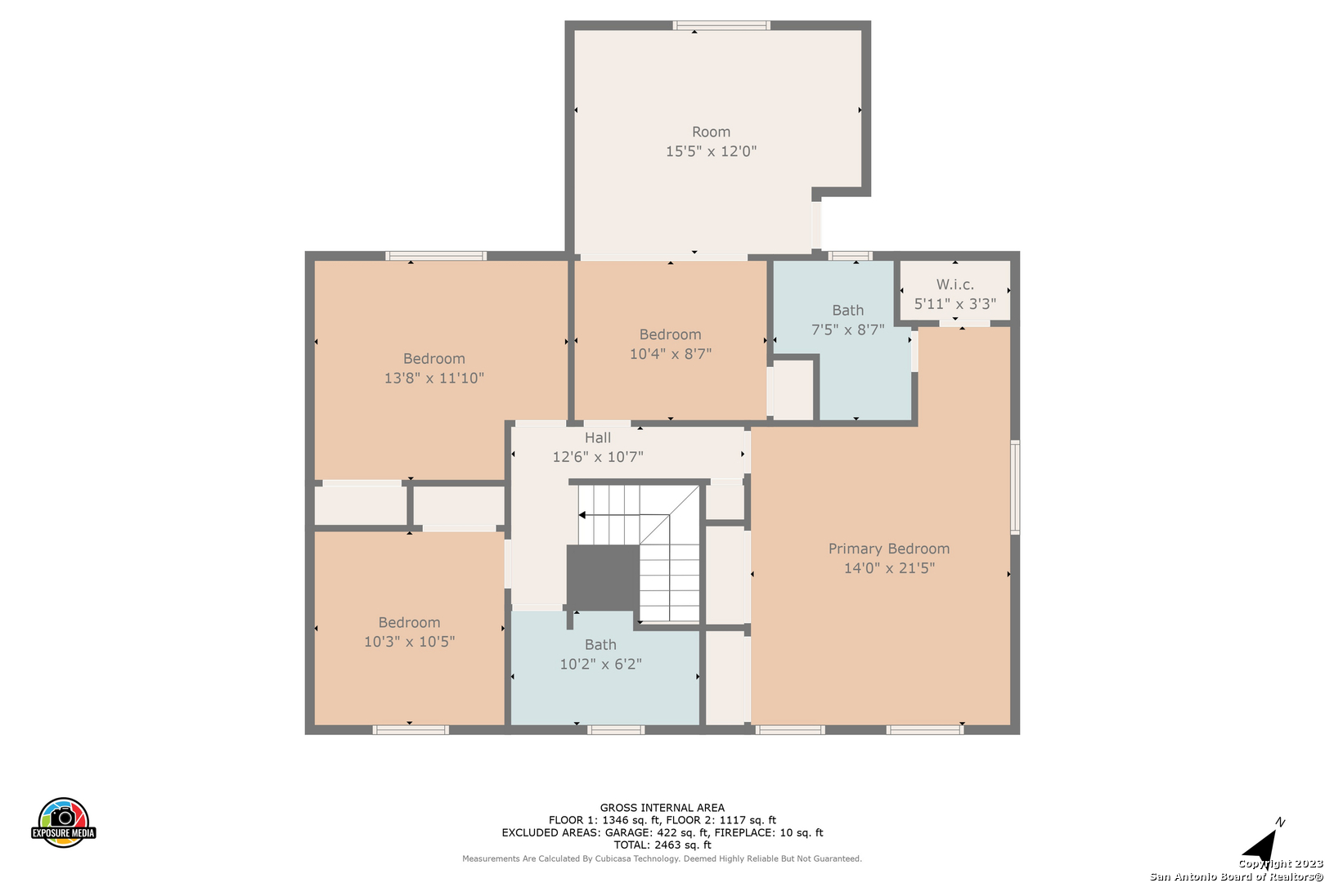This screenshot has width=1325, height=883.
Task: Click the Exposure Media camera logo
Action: point(63,822)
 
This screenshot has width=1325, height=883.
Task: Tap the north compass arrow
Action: point(1262,845)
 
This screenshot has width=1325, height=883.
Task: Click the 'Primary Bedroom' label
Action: point(888,549)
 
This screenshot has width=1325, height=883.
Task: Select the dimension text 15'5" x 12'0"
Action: point(711,150)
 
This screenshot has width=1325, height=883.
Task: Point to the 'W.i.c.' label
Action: point(954,285)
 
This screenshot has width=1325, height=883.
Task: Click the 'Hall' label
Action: point(597,437)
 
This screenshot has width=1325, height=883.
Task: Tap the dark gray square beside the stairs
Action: point(603,577)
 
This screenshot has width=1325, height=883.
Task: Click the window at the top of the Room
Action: point(721,25)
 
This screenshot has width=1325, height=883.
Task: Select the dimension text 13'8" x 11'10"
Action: point(434,378)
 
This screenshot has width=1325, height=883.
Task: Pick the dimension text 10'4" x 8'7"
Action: point(670,354)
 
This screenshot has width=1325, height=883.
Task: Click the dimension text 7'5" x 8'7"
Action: point(847,329)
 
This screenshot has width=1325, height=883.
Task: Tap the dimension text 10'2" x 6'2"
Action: point(600,664)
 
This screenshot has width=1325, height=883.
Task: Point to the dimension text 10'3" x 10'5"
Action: point(409,641)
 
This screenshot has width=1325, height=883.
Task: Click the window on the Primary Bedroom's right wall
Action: point(1015,486)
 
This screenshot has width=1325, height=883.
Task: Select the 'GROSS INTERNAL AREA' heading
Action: point(662,807)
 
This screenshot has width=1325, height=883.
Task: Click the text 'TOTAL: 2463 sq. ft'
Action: point(662,845)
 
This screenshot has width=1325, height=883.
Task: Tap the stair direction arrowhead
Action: point(582,515)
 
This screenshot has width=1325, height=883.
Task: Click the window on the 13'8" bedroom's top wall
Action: point(436,256)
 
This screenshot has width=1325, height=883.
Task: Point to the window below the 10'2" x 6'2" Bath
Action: point(615,730)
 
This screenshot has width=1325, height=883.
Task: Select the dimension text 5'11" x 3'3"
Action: point(954,303)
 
